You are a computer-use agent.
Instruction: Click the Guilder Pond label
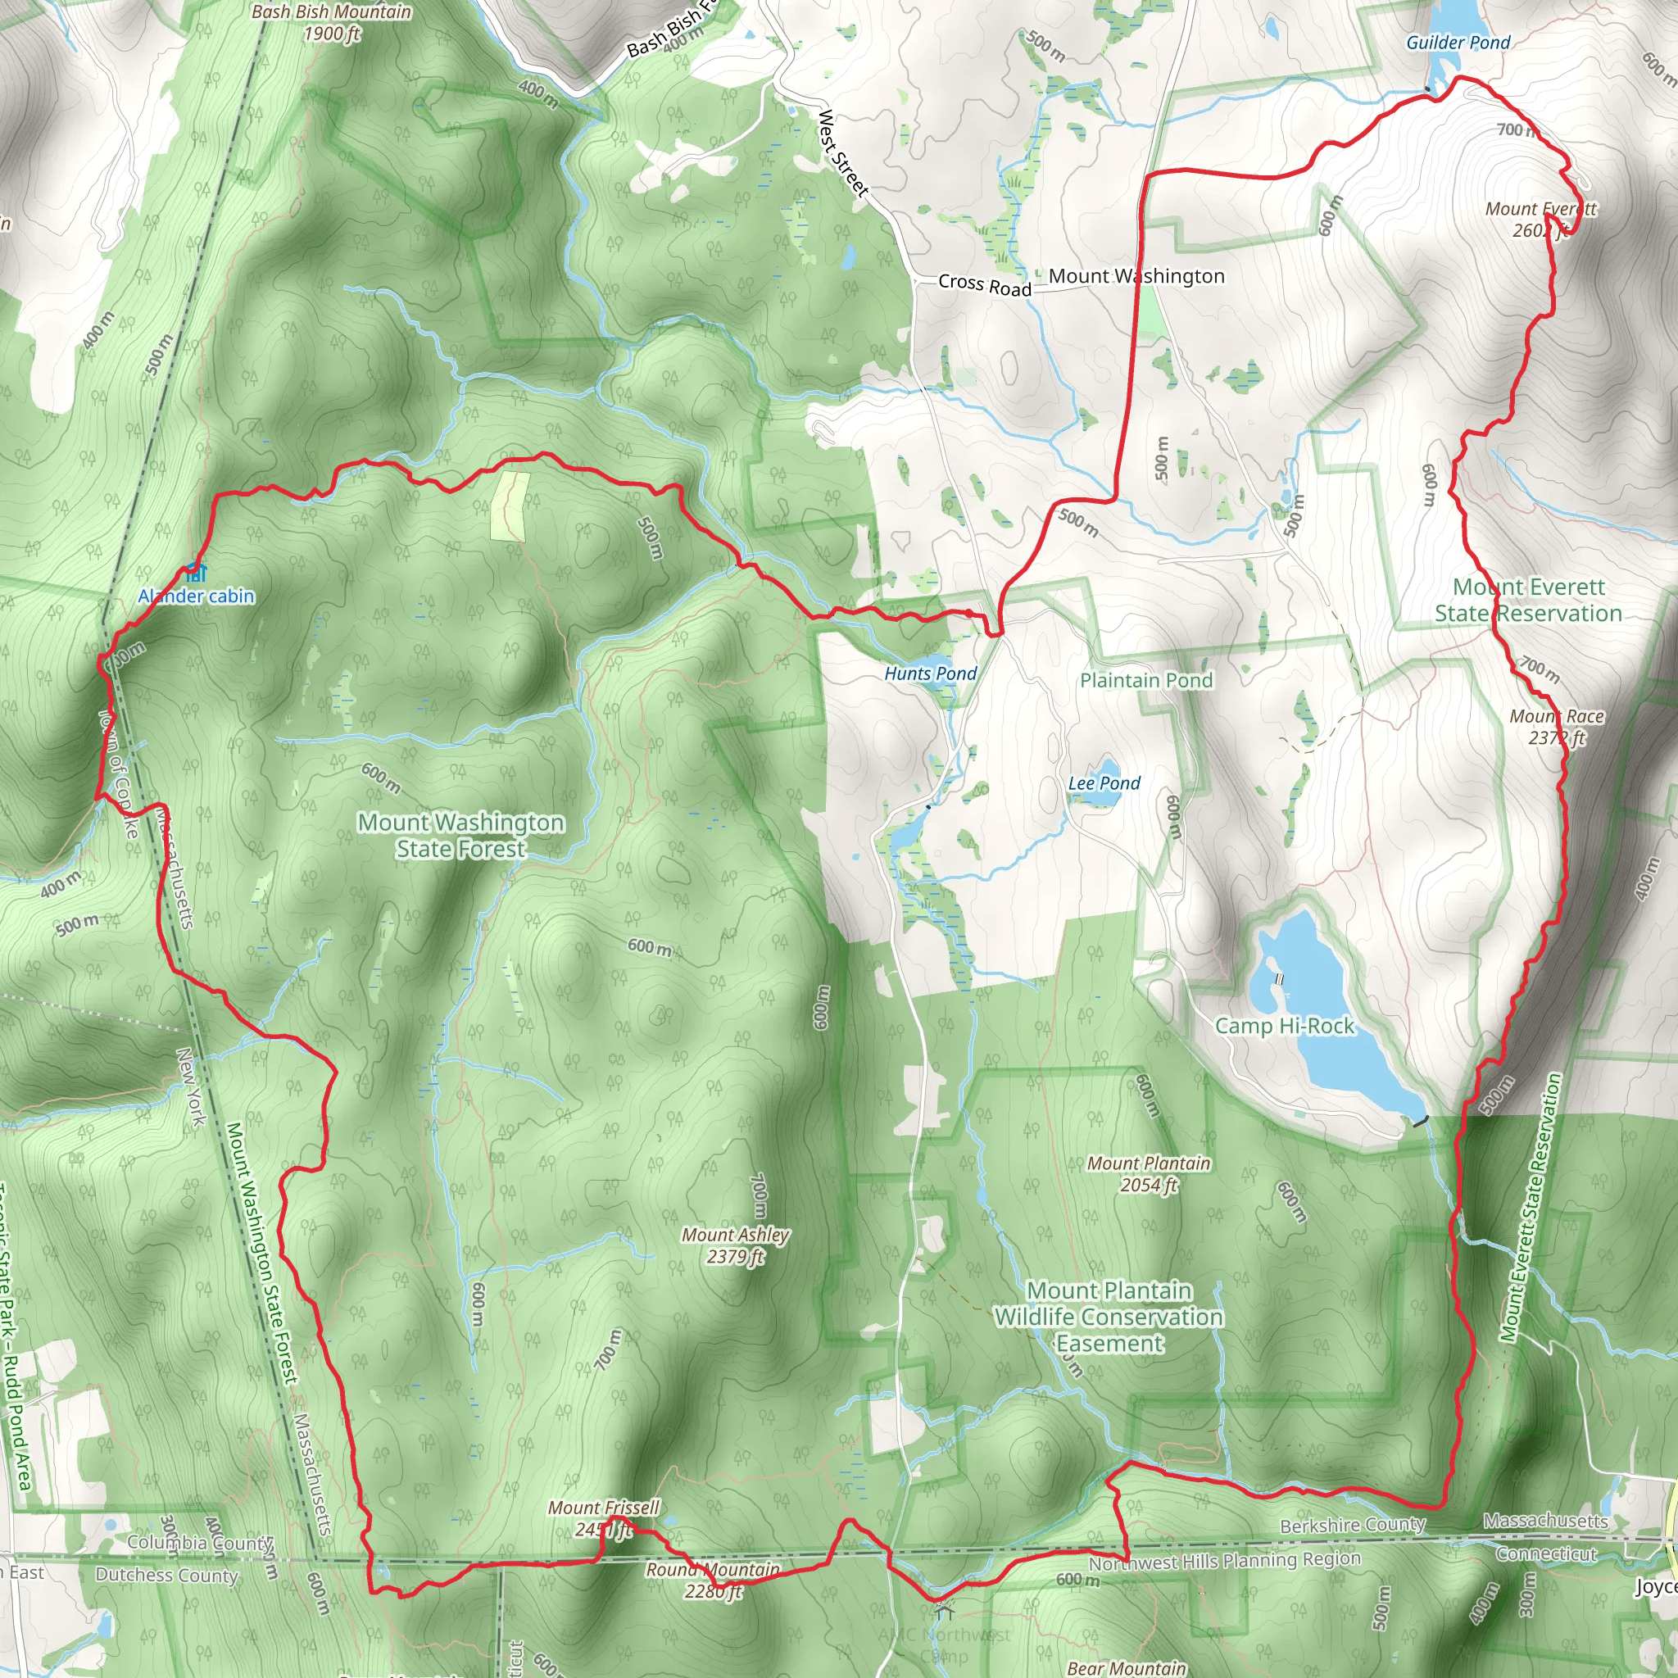(1458, 43)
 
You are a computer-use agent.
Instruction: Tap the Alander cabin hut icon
(197, 573)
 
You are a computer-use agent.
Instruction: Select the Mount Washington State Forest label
(461, 835)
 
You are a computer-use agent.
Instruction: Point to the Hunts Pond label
(930, 673)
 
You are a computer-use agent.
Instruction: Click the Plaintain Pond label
(1145, 680)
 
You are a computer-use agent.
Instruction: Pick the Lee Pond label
(1104, 782)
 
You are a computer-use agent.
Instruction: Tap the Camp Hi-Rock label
(1284, 1026)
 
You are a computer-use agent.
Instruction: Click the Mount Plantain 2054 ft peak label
(1148, 1173)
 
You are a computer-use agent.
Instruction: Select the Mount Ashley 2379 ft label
(735, 1245)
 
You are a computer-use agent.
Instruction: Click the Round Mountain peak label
(712, 1580)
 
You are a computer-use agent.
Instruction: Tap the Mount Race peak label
(1557, 727)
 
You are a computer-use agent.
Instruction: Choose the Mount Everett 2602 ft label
(1540, 219)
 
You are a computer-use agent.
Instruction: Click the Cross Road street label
(984, 284)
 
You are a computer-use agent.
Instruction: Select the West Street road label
(842, 152)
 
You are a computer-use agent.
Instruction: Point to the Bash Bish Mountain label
(331, 22)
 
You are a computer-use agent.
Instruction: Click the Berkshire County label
(1352, 1525)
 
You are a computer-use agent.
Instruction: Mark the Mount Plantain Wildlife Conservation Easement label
(1109, 1317)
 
